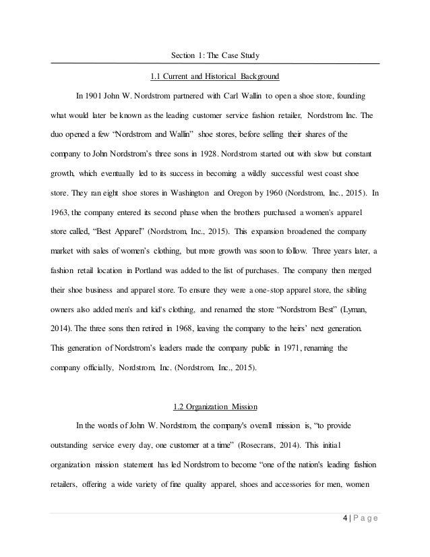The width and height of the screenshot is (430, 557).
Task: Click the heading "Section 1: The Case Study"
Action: (215, 55)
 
